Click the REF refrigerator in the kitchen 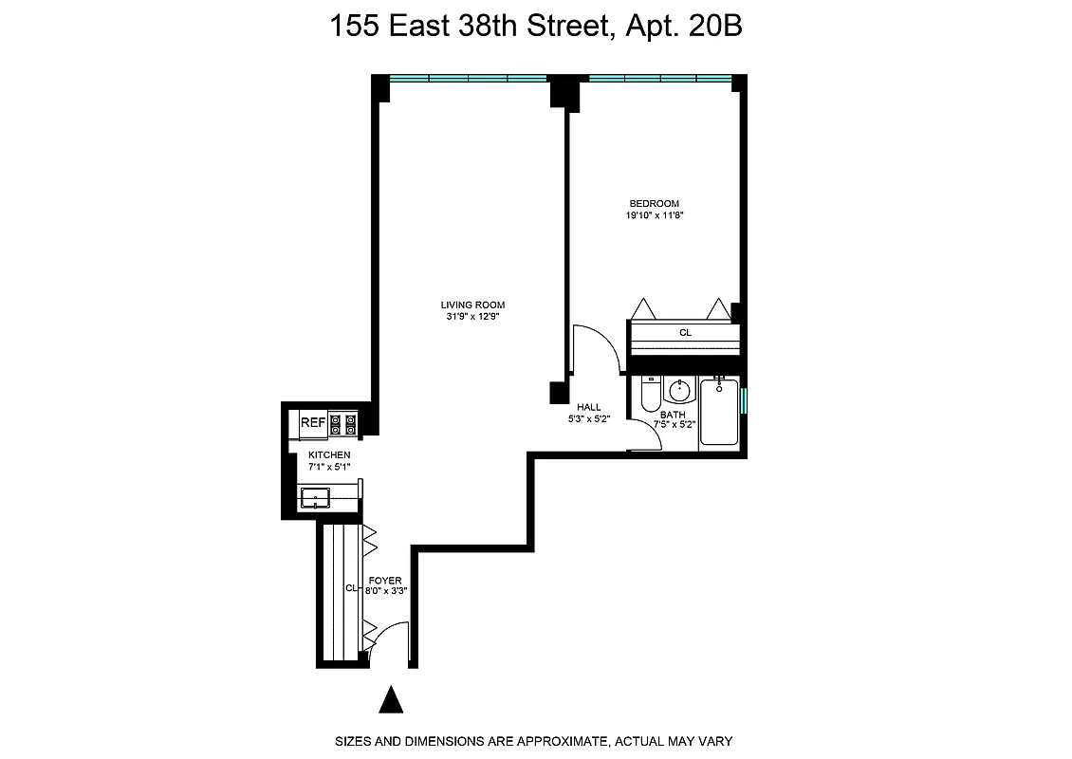pyautogui.click(x=312, y=423)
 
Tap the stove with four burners pyautogui.click(x=343, y=424)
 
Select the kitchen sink pyautogui.click(x=313, y=497)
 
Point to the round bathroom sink pyautogui.click(x=678, y=391)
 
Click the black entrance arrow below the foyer pyautogui.click(x=391, y=700)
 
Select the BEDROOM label pyautogui.click(x=655, y=203)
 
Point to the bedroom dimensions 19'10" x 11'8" pyautogui.click(x=655, y=215)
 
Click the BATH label pyautogui.click(x=673, y=415)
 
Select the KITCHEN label pyautogui.click(x=328, y=455)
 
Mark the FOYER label pyautogui.click(x=386, y=580)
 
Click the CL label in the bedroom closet pyautogui.click(x=685, y=333)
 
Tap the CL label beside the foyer pyautogui.click(x=349, y=588)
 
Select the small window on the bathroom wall pyautogui.click(x=745, y=401)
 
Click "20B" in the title pyautogui.click(x=715, y=27)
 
